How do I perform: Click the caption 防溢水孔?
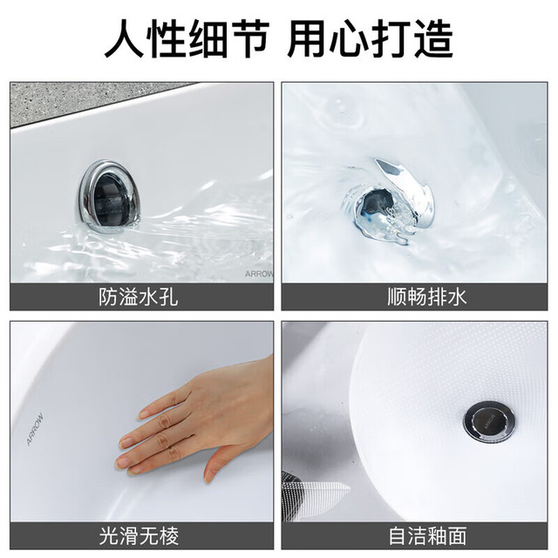click(x=138, y=296)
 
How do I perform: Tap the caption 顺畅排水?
click(x=426, y=296)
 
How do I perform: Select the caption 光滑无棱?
click(x=139, y=536)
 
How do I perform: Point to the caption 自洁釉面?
click(x=427, y=536)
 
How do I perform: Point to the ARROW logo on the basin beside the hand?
click(x=35, y=429)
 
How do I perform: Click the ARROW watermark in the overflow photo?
click(x=259, y=274)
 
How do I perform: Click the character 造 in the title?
click(x=433, y=38)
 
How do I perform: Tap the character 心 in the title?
click(x=349, y=38)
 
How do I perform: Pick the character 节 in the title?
click(x=248, y=38)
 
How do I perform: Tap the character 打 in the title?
click(x=391, y=38)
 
